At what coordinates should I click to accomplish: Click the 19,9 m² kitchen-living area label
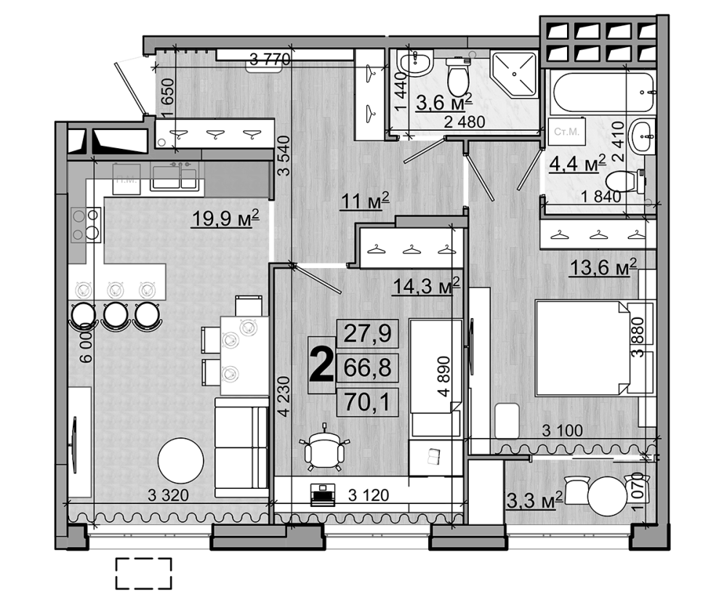pyautogui.click(x=225, y=217)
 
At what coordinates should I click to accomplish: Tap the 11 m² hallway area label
pyautogui.click(x=366, y=199)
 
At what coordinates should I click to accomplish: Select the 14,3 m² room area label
pyautogui.click(x=427, y=285)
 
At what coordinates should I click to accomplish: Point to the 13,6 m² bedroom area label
pyautogui.click(x=603, y=268)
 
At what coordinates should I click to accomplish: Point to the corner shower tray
pyautogui.click(x=515, y=75)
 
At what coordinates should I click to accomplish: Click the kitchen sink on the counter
pyautogui.click(x=174, y=176)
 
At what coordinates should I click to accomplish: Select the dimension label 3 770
pyautogui.click(x=270, y=60)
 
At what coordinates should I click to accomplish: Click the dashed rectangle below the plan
pyautogui.click(x=143, y=573)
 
